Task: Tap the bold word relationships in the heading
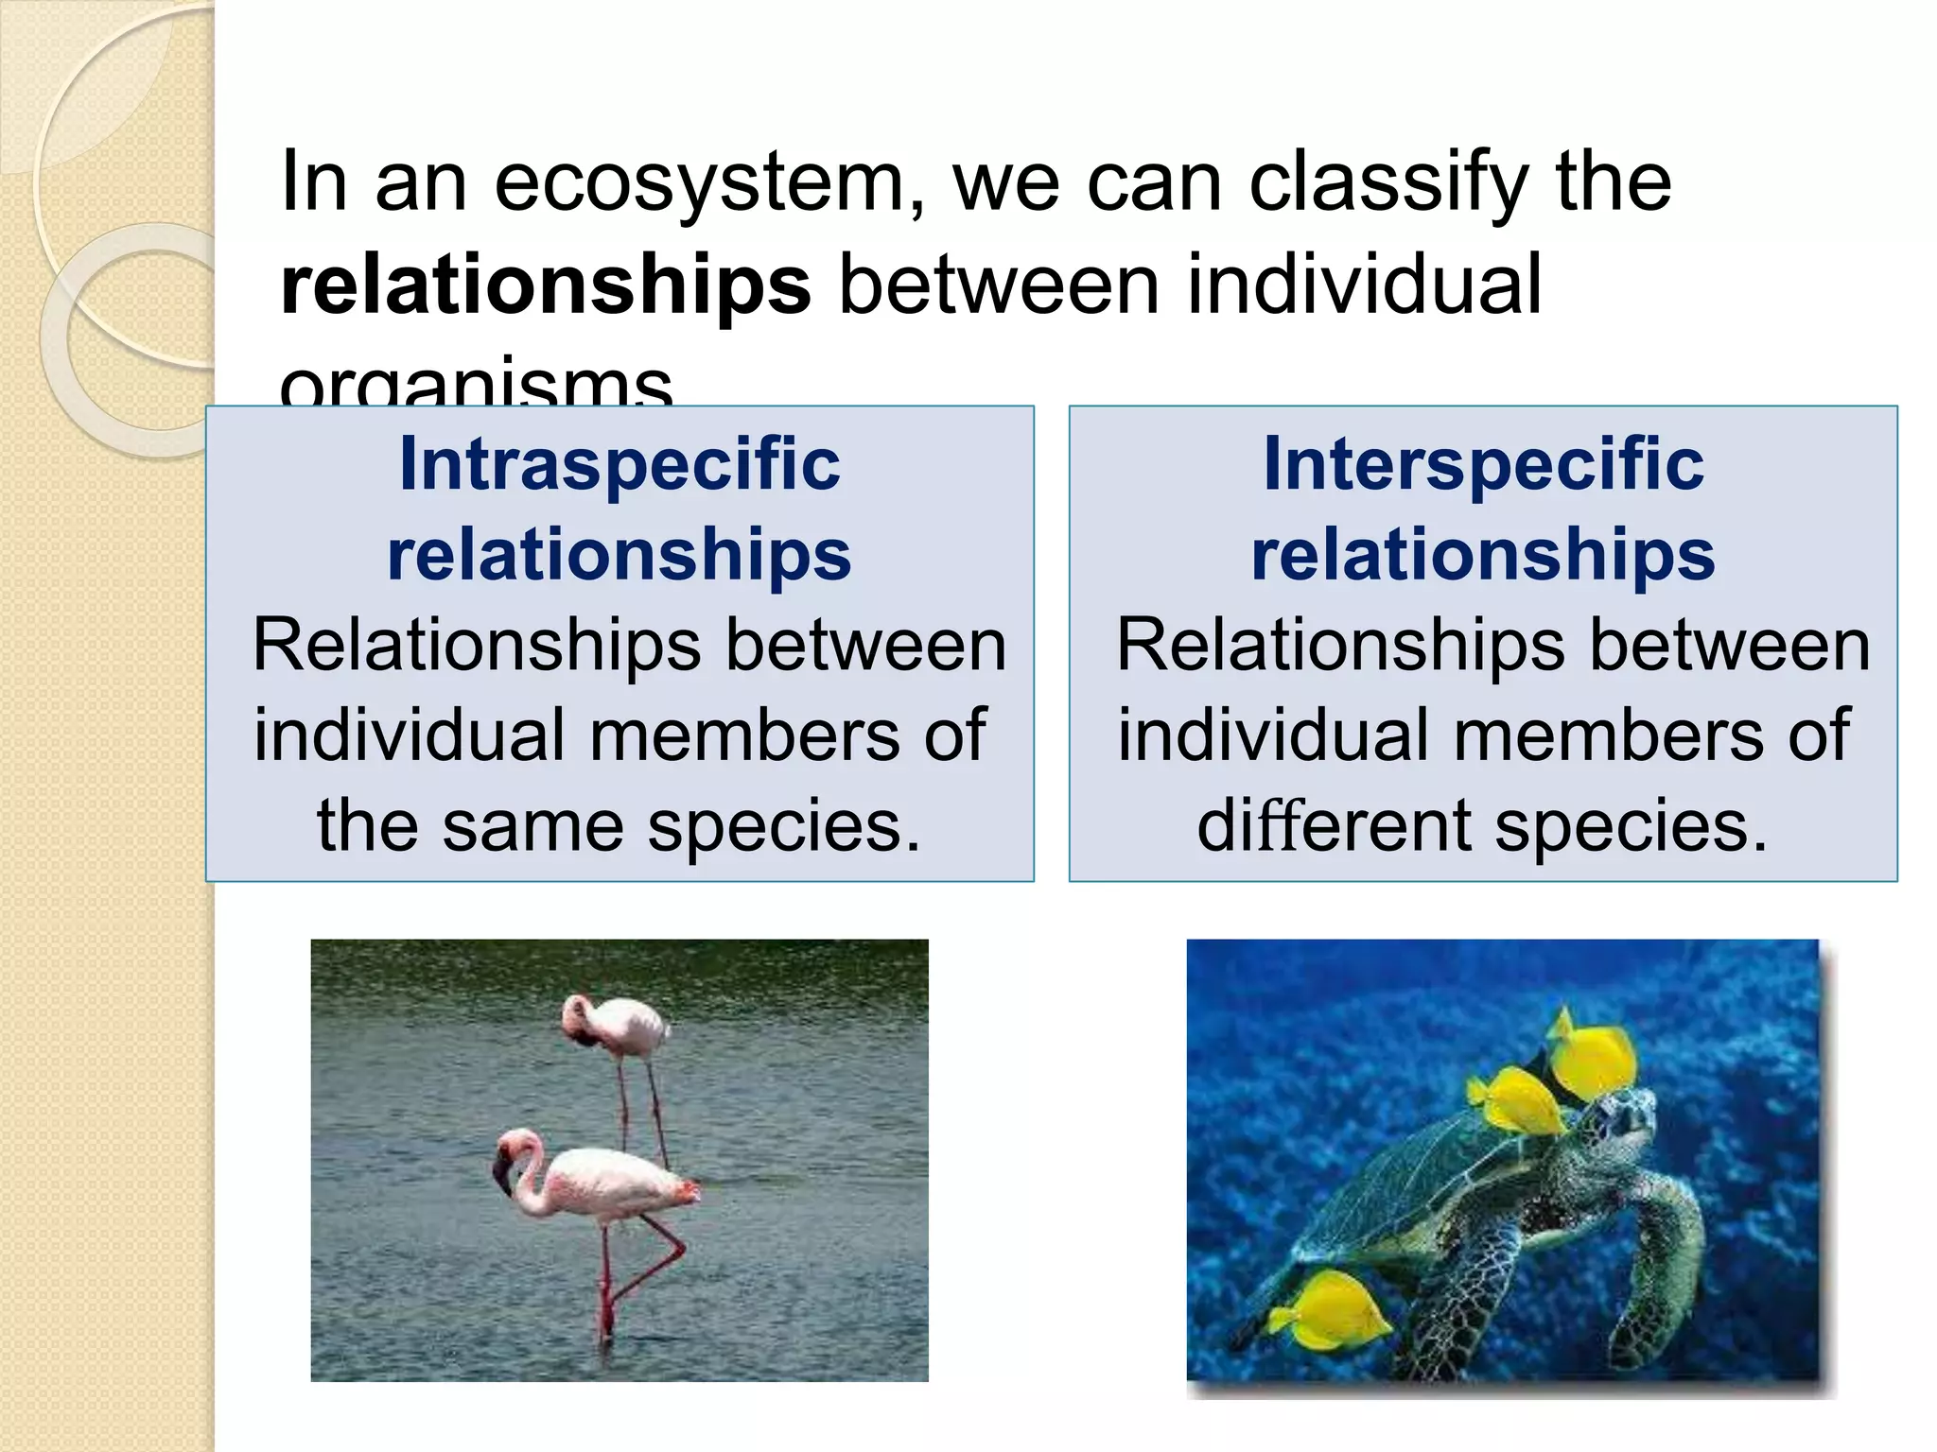546,285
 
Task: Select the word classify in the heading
1387,182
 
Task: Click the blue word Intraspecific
619,464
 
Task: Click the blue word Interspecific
1483,464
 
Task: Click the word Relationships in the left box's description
477,646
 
